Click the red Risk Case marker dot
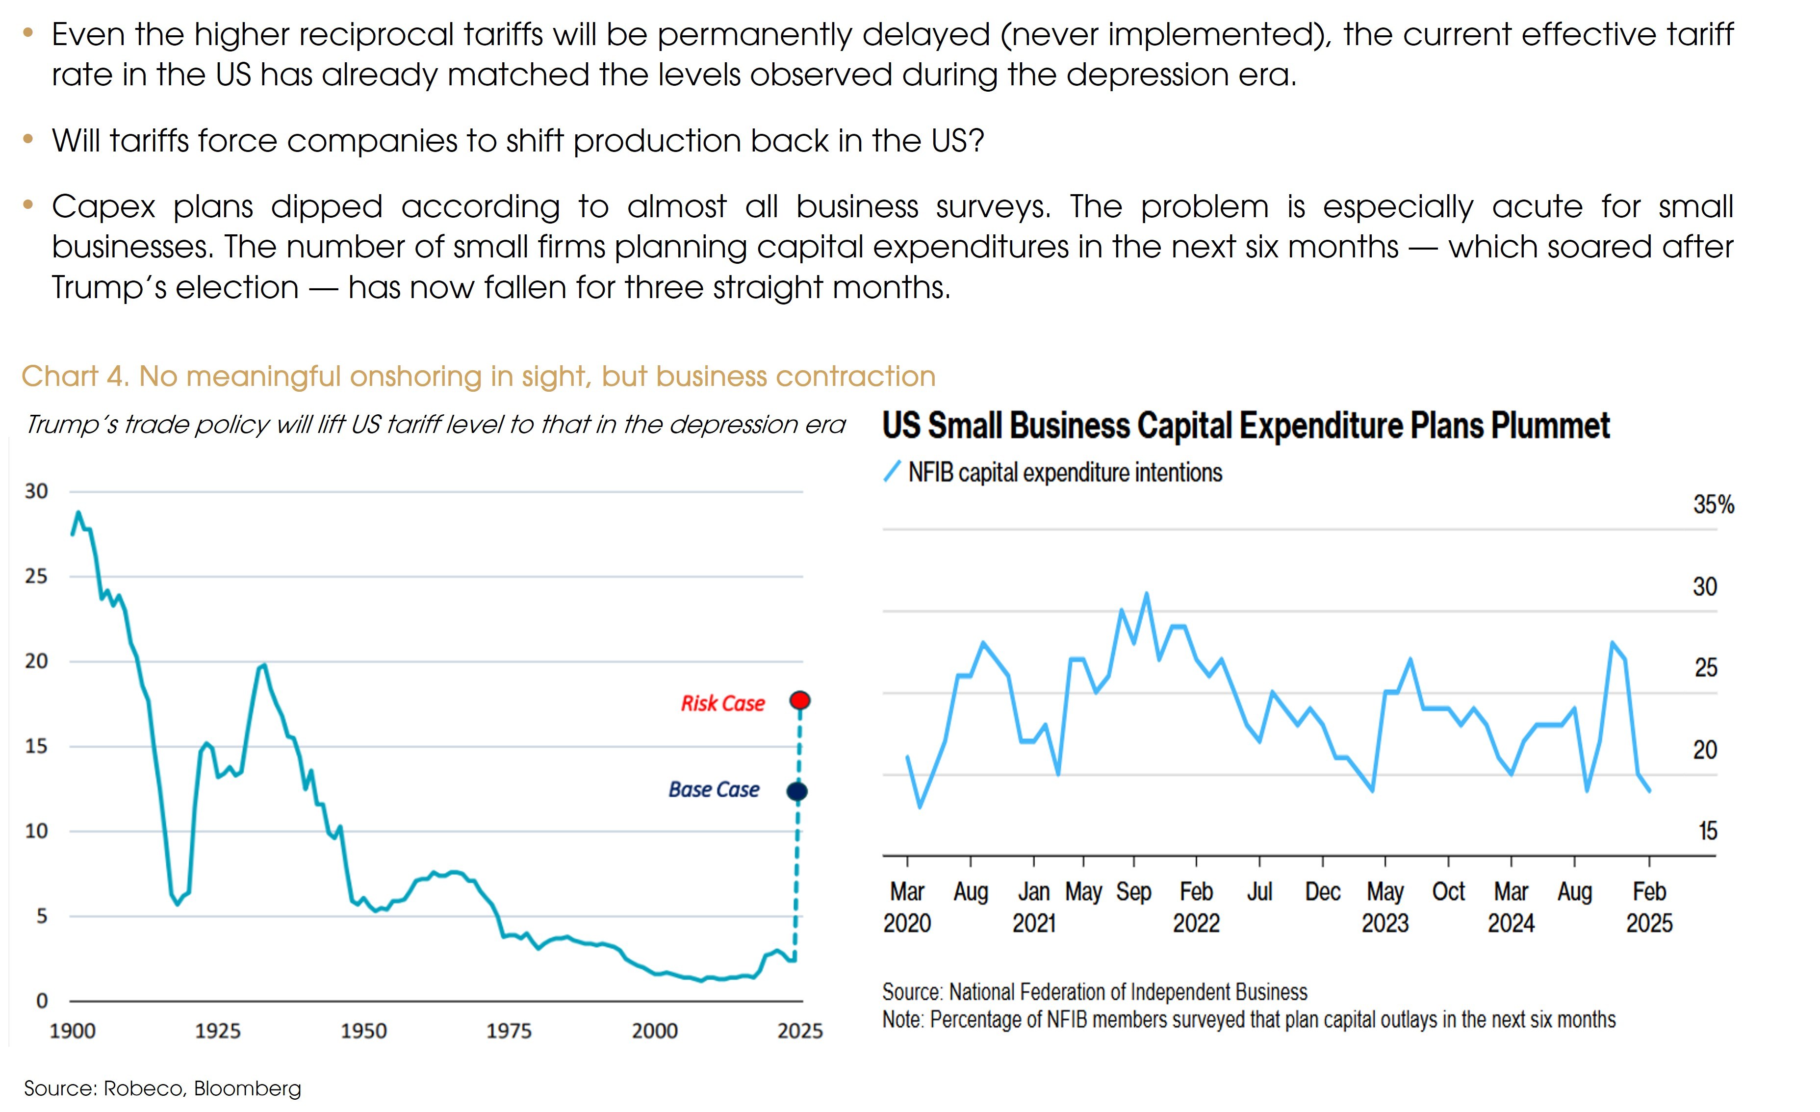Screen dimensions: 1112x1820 click(799, 700)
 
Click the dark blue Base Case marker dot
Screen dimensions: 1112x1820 click(797, 791)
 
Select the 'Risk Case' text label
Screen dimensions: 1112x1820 click(722, 703)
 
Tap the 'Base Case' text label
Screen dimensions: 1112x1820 click(714, 789)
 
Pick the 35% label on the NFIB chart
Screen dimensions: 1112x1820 click(1713, 505)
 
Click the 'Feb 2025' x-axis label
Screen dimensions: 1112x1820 click(1649, 907)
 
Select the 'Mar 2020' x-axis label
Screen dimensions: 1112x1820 click(907, 907)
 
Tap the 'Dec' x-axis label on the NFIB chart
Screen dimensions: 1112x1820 click(1322, 892)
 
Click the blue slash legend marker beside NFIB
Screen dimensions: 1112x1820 click(892, 471)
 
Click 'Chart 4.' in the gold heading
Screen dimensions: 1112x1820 click(75, 377)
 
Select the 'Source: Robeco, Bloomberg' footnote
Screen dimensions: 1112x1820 click(162, 1088)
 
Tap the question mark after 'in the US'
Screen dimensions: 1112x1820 click(978, 140)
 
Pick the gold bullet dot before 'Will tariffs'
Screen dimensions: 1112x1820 click(28, 139)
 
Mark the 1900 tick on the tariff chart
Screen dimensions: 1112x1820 click(73, 1031)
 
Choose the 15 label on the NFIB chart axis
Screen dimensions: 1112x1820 click(1707, 832)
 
